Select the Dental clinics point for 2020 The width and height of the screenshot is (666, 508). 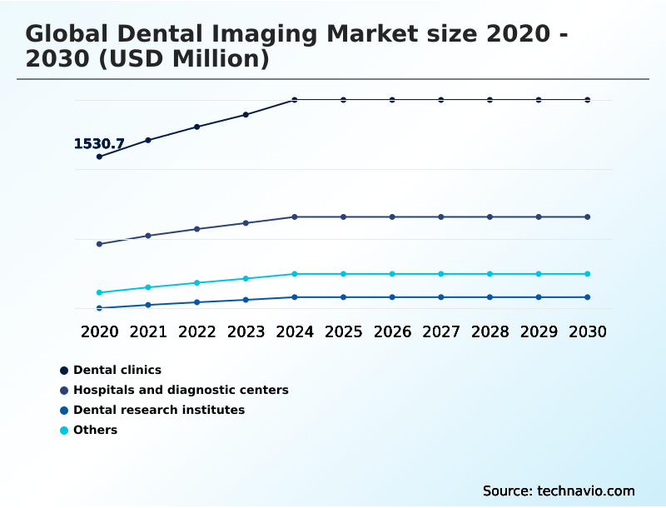point(100,157)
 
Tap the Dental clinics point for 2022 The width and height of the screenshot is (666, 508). point(197,127)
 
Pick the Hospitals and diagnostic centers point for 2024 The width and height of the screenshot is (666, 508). point(295,217)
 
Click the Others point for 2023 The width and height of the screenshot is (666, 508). point(246,278)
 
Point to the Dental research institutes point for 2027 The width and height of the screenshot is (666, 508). point(441,297)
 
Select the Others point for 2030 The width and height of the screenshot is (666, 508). point(588,274)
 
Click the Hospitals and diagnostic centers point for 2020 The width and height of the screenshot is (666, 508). point(100,244)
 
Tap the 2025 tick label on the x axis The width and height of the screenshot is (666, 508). point(343,331)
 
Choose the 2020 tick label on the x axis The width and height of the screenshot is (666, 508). point(100,331)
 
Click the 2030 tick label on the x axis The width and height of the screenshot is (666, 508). point(588,331)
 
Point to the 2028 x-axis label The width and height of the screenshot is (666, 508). point(490,331)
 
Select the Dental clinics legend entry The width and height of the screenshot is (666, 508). point(117,370)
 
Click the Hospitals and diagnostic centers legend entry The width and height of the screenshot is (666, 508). point(180,390)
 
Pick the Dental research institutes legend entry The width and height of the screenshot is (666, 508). point(158,410)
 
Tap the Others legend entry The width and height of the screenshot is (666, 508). point(95,430)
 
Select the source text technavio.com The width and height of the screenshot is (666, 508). point(586,491)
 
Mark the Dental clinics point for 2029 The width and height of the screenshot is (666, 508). point(539,100)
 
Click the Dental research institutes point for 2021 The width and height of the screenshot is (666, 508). point(148,305)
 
